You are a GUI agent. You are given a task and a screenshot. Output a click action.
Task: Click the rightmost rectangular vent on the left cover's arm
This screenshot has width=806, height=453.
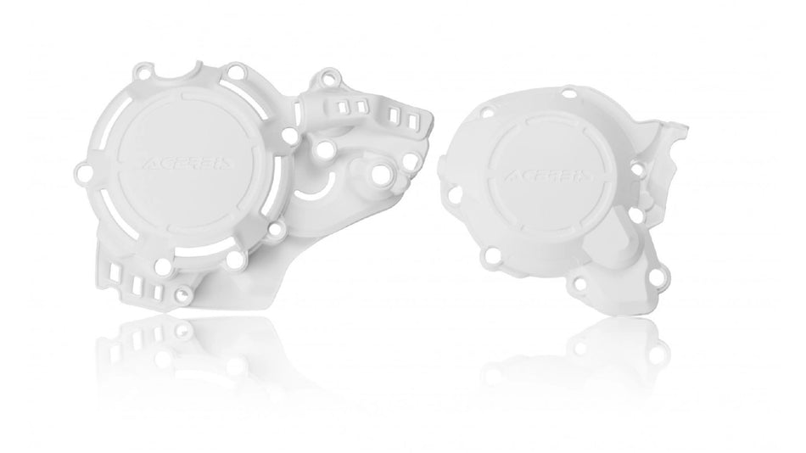pyautogui.click(x=411, y=121)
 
